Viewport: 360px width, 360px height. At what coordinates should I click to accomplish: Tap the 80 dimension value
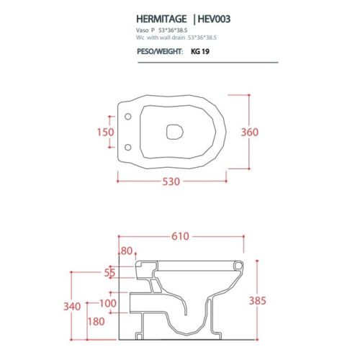point(129,251)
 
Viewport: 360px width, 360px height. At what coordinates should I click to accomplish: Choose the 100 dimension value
point(108,304)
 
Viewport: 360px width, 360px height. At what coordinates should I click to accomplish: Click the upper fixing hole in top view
point(128,117)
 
